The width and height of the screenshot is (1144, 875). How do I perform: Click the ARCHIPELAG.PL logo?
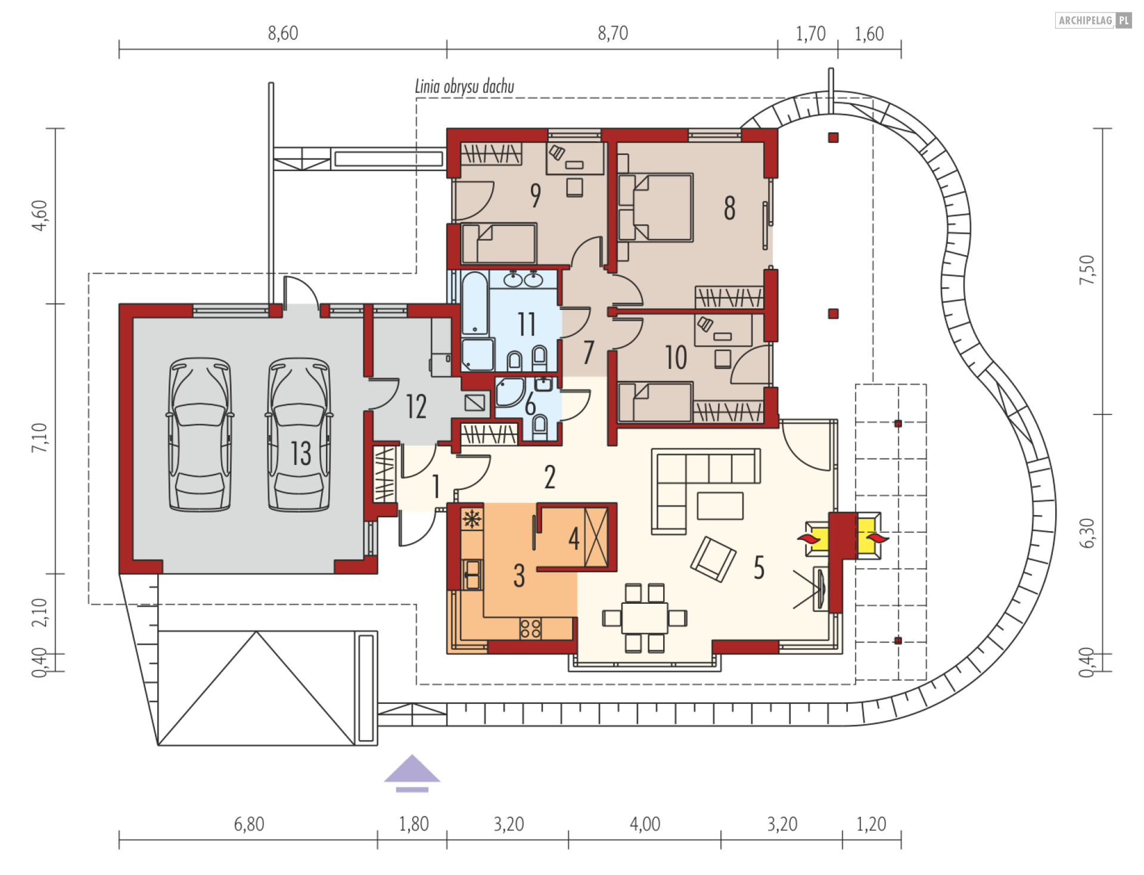coord(1093,20)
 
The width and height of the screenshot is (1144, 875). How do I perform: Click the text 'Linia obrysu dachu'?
coord(465,86)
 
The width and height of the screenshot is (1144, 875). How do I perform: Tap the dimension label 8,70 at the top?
coord(613,33)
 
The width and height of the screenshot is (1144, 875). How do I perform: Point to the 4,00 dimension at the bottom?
coord(645,824)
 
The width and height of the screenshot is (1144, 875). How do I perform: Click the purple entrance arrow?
coord(412,773)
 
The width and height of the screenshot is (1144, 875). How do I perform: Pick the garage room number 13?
coord(301,453)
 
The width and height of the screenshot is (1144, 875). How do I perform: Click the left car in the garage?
coord(200,435)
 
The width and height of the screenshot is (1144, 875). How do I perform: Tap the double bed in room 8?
coord(655,207)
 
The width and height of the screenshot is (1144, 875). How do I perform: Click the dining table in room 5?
coord(645,618)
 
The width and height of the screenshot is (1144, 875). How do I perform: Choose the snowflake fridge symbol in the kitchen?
coord(472,519)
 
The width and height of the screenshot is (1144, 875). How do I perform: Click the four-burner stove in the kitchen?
coord(530,628)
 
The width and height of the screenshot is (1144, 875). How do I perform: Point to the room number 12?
coord(416,407)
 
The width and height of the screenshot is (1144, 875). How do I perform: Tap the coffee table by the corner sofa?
coord(720,505)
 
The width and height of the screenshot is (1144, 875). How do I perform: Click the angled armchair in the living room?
coord(713,558)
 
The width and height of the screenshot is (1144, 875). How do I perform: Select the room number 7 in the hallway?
coord(589,352)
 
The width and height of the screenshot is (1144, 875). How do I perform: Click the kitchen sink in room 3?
coord(472,575)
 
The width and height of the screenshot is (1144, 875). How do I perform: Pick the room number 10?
coord(676,358)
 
